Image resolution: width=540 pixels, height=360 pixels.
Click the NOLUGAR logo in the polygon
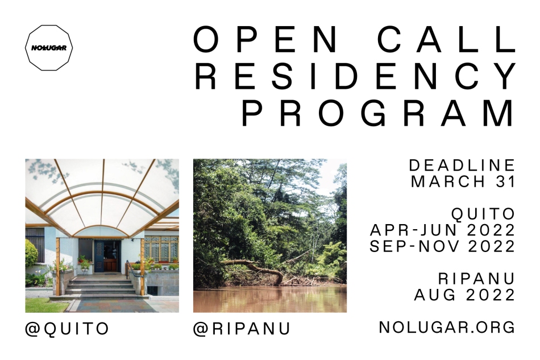[x=48, y=48]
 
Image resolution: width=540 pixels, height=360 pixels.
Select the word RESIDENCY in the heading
[x=355, y=76]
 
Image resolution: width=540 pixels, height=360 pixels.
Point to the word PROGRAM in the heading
[x=378, y=114]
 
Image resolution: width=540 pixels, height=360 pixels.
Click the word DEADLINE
[x=462, y=165]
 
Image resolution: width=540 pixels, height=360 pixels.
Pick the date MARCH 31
[x=463, y=181]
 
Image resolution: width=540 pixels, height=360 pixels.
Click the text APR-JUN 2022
[x=443, y=230]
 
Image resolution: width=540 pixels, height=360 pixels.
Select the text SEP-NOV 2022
[x=443, y=246]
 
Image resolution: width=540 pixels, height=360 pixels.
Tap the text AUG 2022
[x=464, y=295]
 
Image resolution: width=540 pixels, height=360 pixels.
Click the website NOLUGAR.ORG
[x=447, y=327]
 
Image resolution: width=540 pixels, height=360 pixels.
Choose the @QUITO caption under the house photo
[x=67, y=329]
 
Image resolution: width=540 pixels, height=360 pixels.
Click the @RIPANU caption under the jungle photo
[x=242, y=329]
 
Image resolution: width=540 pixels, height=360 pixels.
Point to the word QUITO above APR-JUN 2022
[x=483, y=214]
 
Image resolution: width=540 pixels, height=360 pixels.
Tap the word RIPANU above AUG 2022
[x=477, y=279]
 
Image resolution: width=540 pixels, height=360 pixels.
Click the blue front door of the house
[x=99, y=256]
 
